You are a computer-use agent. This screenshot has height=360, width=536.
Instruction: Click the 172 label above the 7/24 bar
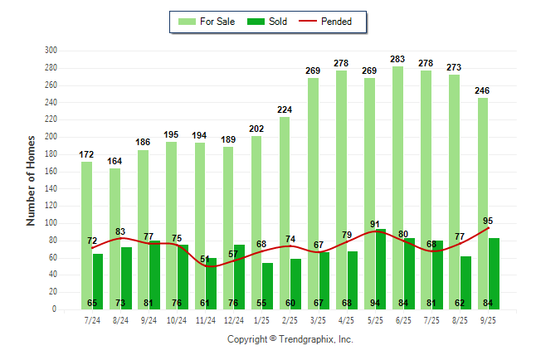click(87, 154)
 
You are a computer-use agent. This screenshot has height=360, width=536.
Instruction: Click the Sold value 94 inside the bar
click(380, 303)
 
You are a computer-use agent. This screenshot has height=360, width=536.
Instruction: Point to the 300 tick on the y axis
click(51, 51)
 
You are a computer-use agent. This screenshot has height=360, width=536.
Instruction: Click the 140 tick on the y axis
click(51, 188)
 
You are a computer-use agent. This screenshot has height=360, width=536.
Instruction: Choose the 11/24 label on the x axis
click(205, 319)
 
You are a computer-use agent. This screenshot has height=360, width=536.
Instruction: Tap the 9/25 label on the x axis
click(488, 319)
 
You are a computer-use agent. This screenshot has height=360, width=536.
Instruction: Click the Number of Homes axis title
click(31, 180)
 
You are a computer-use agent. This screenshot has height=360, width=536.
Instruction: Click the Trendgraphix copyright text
click(290, 339)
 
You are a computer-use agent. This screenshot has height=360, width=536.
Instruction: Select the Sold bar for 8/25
click(465, 282)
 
